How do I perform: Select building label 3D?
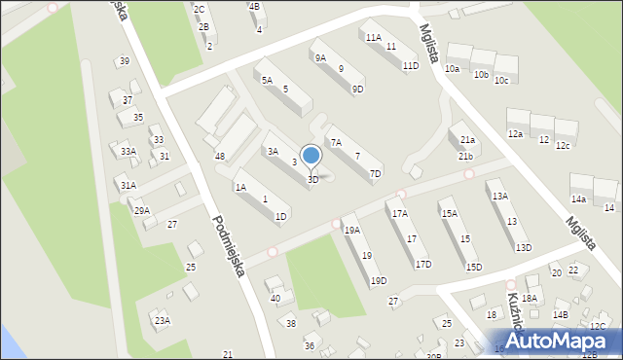312,180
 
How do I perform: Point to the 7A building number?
336,142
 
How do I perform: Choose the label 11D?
410,66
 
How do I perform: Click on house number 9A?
319,57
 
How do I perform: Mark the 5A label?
266,80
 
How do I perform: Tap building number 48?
220,157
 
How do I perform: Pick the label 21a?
467,140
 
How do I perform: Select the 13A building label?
499,196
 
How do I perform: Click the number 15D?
473,267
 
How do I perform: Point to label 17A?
399,213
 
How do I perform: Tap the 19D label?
378,280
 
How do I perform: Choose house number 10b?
481,75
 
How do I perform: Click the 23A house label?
162,320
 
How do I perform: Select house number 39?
124,61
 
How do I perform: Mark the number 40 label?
275,299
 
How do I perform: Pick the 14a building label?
578,198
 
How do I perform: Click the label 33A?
128,152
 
